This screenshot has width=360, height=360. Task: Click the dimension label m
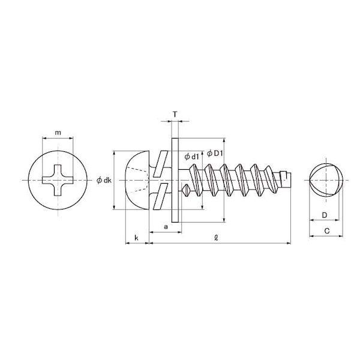[x=58, y=133]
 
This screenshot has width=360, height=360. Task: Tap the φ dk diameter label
[x=104, y=180]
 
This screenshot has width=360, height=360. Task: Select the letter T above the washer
[x=175, y=114]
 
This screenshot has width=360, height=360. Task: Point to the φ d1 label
[x=191, y=157]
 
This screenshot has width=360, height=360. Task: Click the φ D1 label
[x=215, y=154]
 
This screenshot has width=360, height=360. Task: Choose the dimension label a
[x=166, y=227]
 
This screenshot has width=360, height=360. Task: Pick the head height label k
[x=136, y=238]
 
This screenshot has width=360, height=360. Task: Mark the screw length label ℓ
[x=215, y=238]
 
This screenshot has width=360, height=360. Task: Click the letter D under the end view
[x=324, y=215]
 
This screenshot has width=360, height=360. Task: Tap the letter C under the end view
[x=327, y=231]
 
